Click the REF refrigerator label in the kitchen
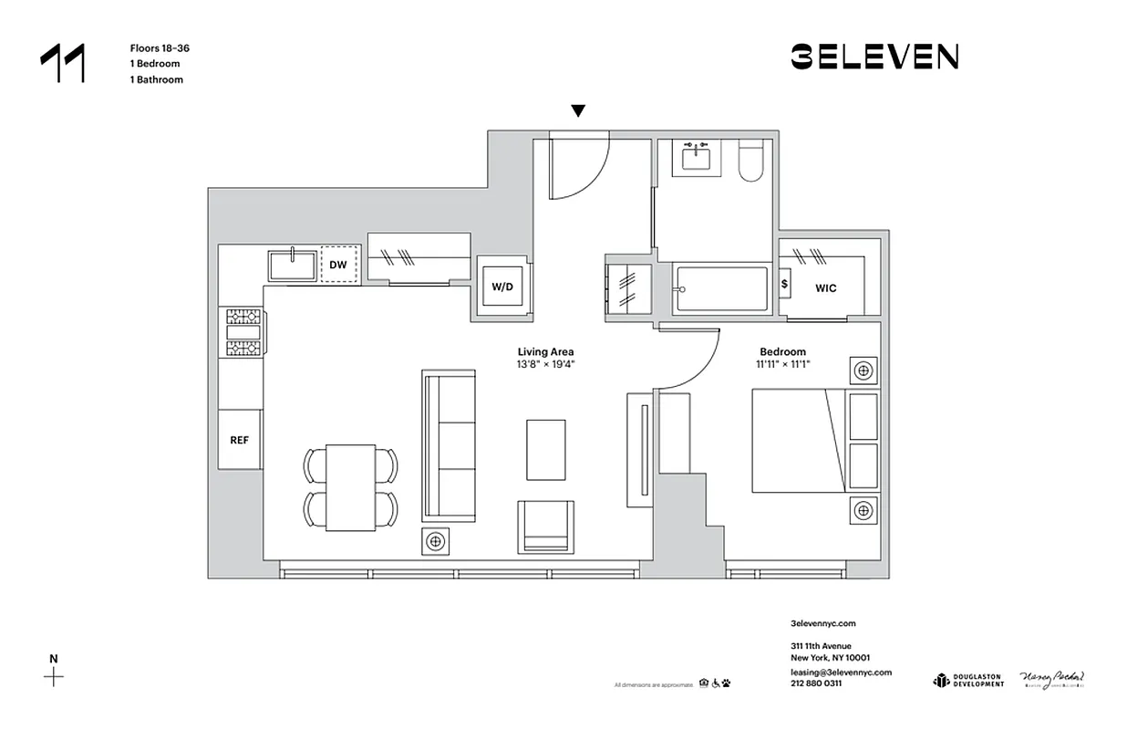click(x=240, y=440)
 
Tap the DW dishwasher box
click(x=338, y=266)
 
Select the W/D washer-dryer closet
click(x=502, y=287)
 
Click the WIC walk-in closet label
click(x=826, y=288)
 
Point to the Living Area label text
click(x=545, y=352)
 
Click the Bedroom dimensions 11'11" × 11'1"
click(x=782, y=364)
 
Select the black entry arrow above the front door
click(x=577, y=111)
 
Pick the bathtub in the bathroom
click(x=721, y=289)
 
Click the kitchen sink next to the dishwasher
click(x=292, y=266)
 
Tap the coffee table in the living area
click(x=545, y=449)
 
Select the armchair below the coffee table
click(x=546, y=527)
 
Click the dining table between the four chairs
click(x=351, y=487)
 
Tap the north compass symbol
click(x=55, y=676)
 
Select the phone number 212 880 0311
click(x=816, y=683)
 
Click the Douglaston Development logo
click(x=967, y=680)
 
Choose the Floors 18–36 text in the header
click(x=160, y=47)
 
